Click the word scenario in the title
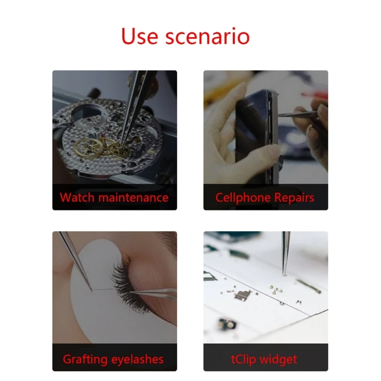[x=208, y=36]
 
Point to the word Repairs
[x=295, y=197]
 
